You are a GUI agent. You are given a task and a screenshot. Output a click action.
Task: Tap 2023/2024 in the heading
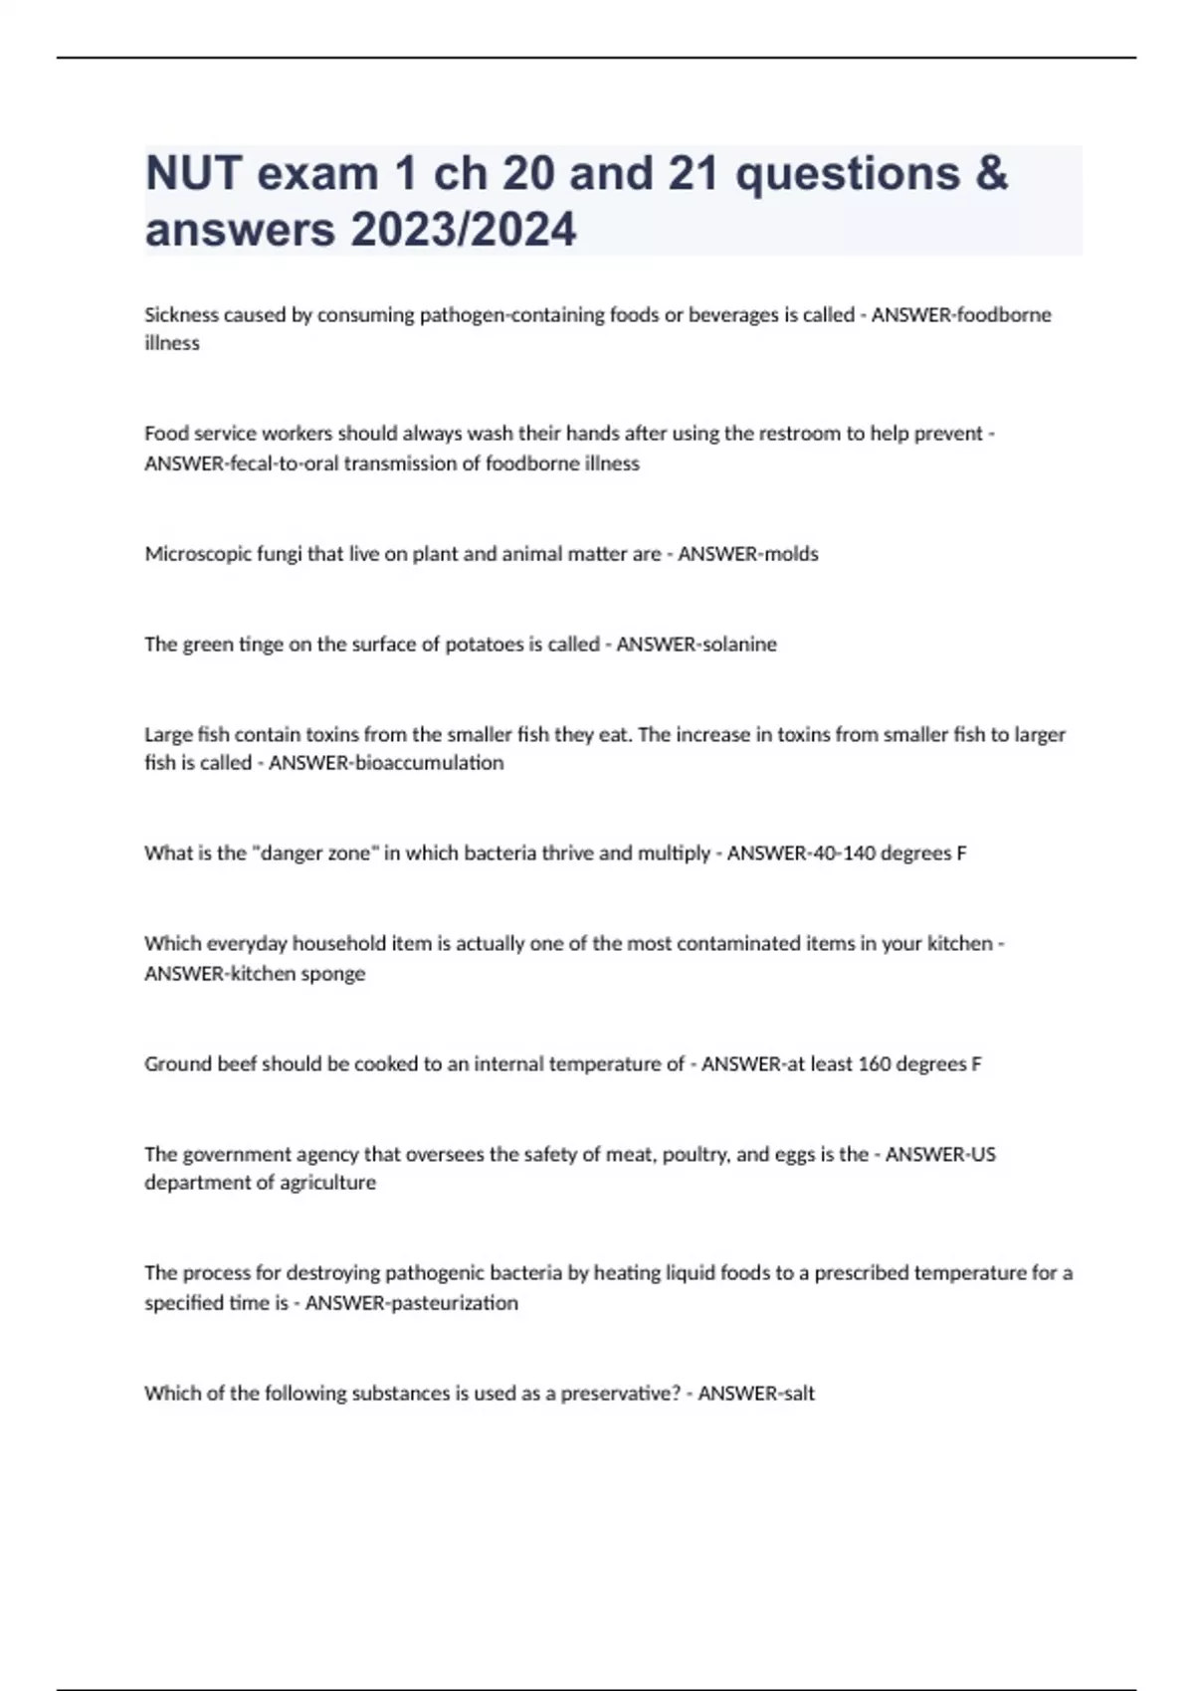[x=463, y=230]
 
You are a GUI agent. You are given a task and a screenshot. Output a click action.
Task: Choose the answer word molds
[x=790, y=554]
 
